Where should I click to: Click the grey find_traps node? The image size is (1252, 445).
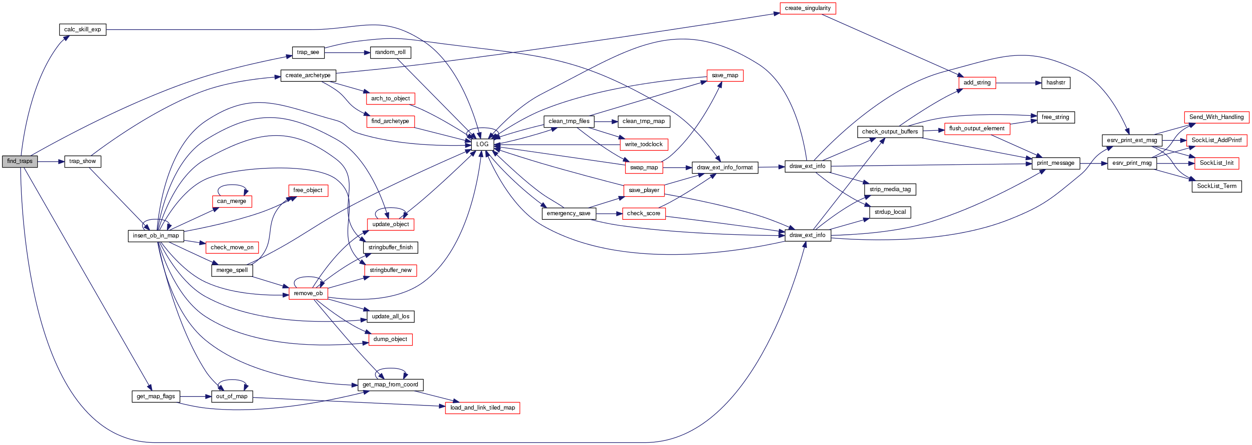pyautogui.click(x=20, y=162)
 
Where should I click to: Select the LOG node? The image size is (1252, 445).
pyautogui.click(x=482, y=144)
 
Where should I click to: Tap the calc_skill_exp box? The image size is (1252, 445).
pyautogui.click(x=83, y=30)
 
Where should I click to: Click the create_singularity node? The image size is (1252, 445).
pyautogui.click(x=807, y=8)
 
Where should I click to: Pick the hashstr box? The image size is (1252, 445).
pyautogui.click(x=1056, y=83)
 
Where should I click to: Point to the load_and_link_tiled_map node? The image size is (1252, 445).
pyautogui.click(x=482, y=408)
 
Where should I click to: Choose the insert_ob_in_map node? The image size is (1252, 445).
pyautogui.click(x=156, y=236)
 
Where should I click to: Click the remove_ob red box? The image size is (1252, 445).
pyautogui.click(x=308, y=293)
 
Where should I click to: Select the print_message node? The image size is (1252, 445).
pyautogui.click(x=1056, y=163)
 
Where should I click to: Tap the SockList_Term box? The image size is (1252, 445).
pyautogui.click(x=1217, y=186)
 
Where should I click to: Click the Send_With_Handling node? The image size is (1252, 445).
pyautogui.click(x=1216, y=117)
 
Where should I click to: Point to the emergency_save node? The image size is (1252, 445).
pyautogui.click(x=568, y=213)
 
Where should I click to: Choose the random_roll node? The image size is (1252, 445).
pyautogui.click(x=390, y=53)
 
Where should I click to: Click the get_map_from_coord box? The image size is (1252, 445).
pyautogui.click(x=390, y=385)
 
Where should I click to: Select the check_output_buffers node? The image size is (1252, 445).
pyautogui.click(x=890, y=132)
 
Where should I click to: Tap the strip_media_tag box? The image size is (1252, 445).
pyautogui.click(x=890, y=189)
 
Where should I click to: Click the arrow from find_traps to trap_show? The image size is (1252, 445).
pyautogui.click(x=51, y=162)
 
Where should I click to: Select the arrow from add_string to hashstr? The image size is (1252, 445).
pyautogui.click(x=1018, y=83)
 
